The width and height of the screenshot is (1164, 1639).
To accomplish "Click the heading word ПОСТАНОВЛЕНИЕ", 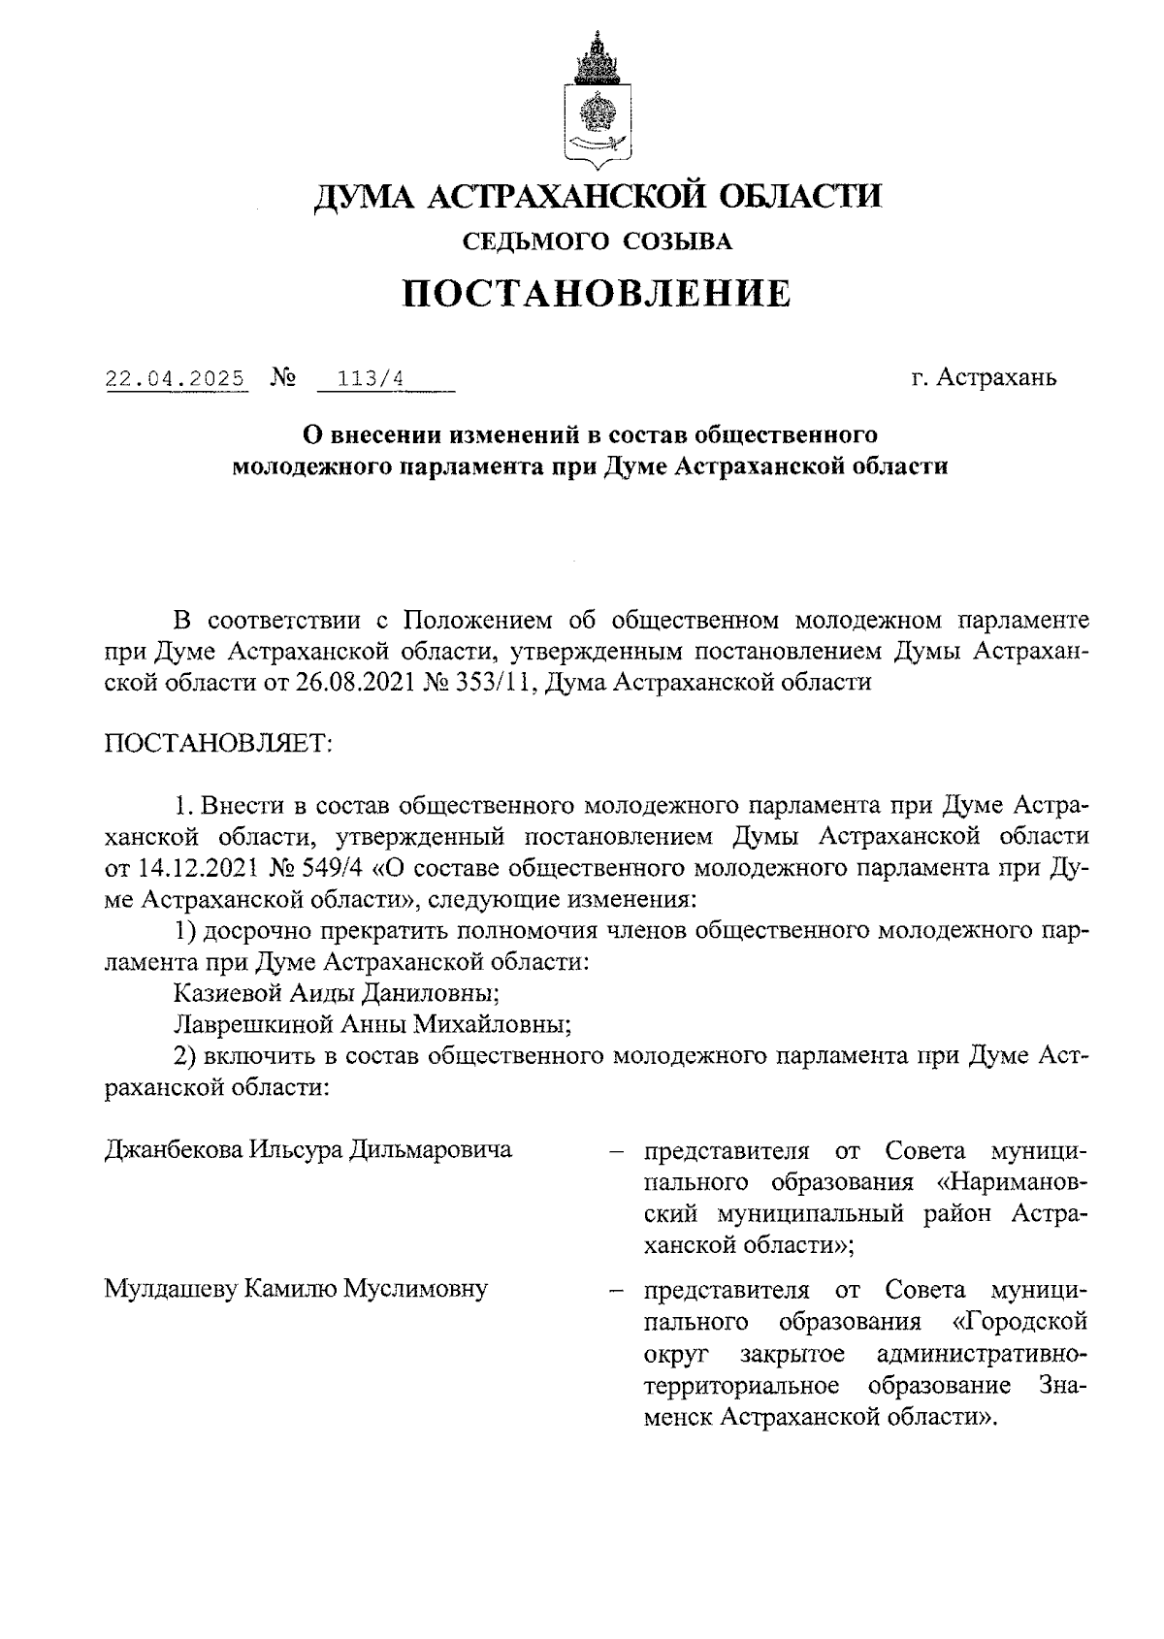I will click(598, 293).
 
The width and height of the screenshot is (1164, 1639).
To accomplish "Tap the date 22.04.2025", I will click(176, 377).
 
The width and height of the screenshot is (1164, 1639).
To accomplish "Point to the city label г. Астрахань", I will click(984, 377).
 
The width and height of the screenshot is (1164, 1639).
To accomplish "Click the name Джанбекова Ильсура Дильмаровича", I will click(307, 1150).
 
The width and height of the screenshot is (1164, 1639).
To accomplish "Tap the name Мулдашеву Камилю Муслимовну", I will click(296, 1289).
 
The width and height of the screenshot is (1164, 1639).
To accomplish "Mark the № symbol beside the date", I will click(284, 376).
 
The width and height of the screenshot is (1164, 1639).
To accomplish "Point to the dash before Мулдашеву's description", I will click(615, 1291).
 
